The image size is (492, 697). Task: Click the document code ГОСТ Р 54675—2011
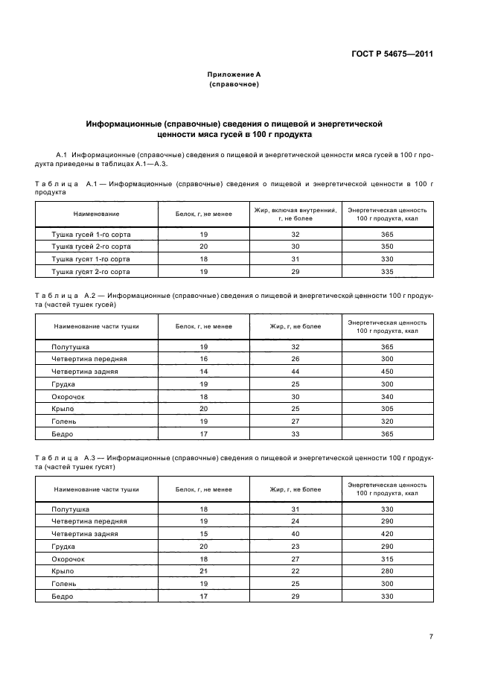pos(392,54)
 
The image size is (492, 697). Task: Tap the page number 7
pos(431,636)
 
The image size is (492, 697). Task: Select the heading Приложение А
pos(234,75)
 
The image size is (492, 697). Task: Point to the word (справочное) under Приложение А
pos(234,85)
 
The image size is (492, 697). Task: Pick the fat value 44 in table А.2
pos(295,371)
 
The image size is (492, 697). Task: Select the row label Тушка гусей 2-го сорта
pos(85,246)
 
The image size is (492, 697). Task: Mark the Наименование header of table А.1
pos(96,214)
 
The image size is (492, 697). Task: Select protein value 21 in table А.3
pos(203,571)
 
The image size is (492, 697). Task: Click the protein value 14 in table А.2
pos(203,371)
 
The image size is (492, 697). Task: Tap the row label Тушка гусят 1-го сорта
pos(85,258)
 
